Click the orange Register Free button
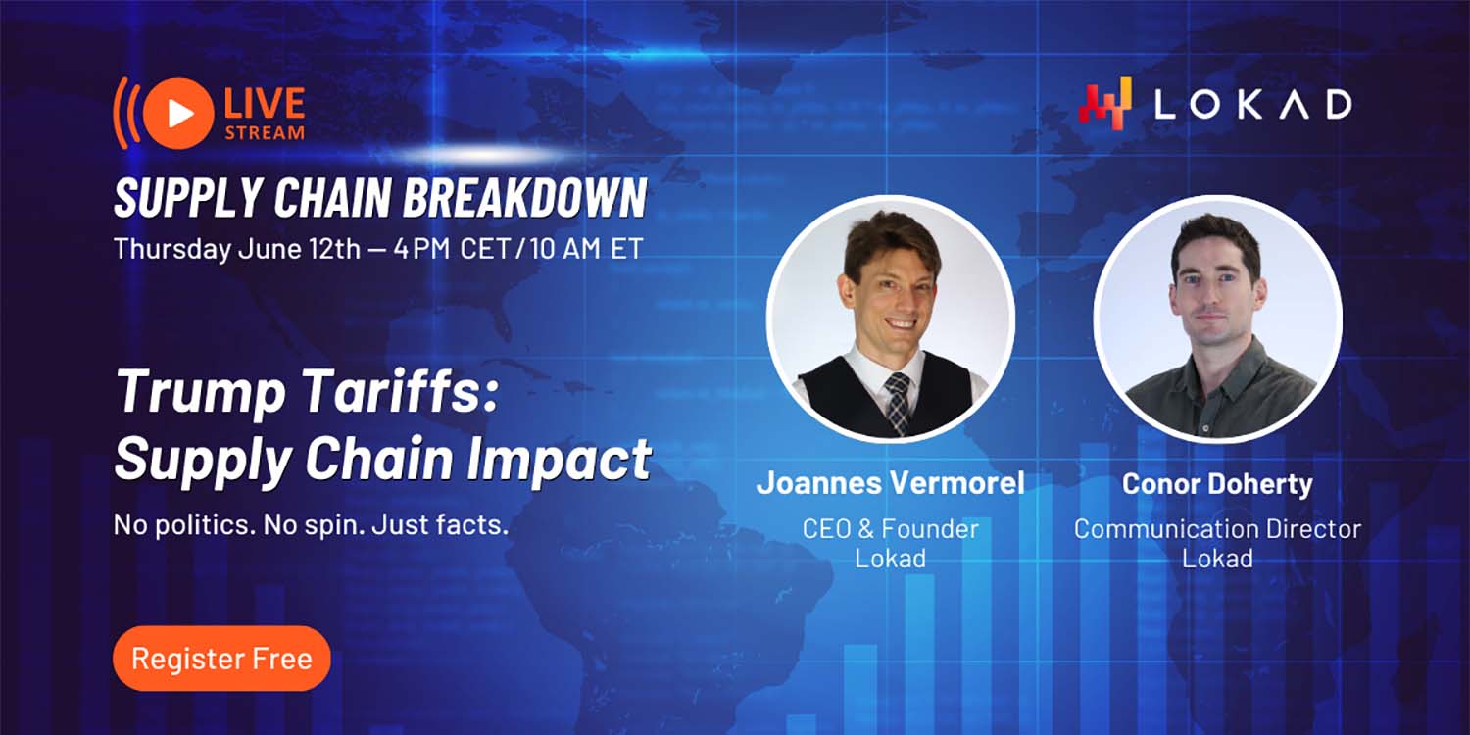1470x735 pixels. (221, 659)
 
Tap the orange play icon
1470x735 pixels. (178, 113)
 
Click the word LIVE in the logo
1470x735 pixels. (265, 104)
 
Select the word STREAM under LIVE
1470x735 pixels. (265, 133)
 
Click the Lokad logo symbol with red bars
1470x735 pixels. (1105, 104)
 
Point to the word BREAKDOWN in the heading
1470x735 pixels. (525, 198)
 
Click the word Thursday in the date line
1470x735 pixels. (172, 249)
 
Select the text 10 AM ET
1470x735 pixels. (586, 249)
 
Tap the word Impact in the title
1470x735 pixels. (560, 459)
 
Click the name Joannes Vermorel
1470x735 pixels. (891, 484)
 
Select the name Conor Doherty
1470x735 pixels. (1217, 484)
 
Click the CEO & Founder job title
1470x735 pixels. (891, 529)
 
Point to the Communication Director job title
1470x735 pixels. (1217, 529)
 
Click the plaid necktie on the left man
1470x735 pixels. (897, 402)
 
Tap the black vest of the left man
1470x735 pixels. (847, 397)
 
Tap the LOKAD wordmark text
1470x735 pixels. (1252, 104)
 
